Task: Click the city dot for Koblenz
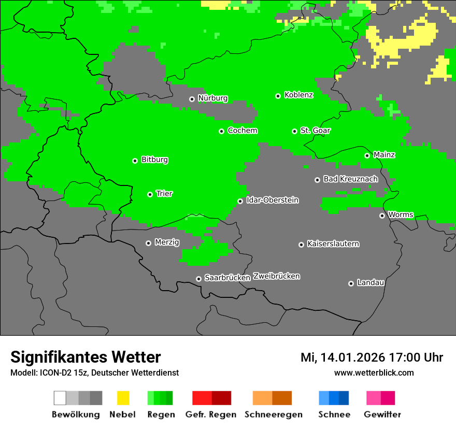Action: [x=278, y=96]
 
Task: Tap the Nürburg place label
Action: [x=212, y=98]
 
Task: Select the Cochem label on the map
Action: [x=242, y=131]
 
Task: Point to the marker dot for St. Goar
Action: [x=294, y=131]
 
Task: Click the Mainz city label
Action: [x=384, y=155]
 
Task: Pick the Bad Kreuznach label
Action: [x=350, y=179]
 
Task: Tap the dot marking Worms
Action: [x=382, y=216]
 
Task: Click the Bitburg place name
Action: [x=154, y=160]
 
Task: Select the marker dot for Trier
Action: [x=150, y=194]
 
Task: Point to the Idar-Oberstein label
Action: [x=272, y=200]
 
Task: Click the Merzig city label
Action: [x=167, y=242]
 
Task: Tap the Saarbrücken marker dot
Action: [x=198, y=279]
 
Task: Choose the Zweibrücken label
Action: [x=276, y=277]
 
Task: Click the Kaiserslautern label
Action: [x=333, y=244]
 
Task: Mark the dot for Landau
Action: [x=351, y=283]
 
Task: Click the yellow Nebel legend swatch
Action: [x=123, y=398]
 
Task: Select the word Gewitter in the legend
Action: [x=382, y=414]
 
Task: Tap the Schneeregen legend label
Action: [x=273, y=414]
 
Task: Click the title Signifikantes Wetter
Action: [x=85, y=357]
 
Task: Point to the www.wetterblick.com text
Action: [x=374, y=373]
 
